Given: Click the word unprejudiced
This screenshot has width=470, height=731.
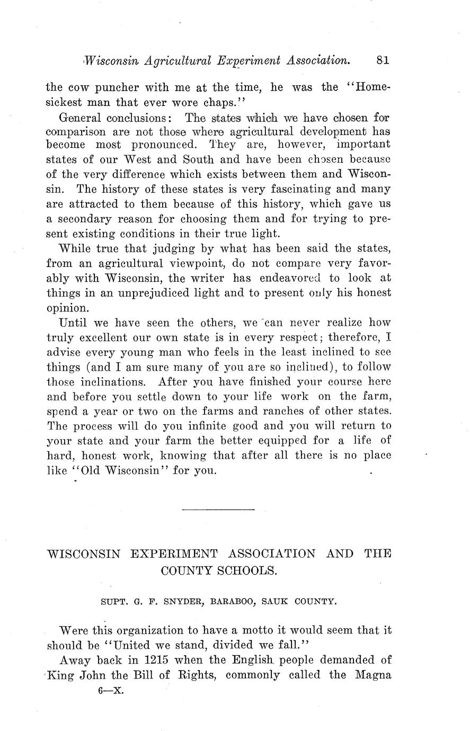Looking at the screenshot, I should tap(161, 293).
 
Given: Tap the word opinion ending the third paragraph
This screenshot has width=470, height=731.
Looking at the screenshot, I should tap(65, 308).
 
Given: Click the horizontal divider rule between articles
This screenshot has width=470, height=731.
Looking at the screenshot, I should tap(218, 510).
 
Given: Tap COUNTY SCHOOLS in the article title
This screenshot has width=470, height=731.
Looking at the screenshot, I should tap(218, 570).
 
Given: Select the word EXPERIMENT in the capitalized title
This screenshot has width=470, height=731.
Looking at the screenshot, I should tap(174, 554).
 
